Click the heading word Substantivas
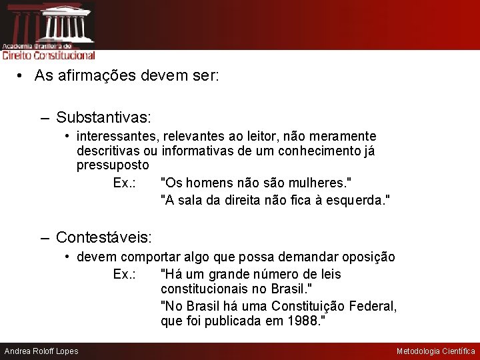tap(103, 118)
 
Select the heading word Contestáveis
tap(103, 237)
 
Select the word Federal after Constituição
tap(373, 306)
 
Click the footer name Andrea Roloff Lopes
tap(41, 351)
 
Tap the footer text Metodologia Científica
tap(436, 351)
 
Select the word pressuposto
tap(113, 165)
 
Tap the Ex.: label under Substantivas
tap(125, 183)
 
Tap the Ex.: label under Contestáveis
tap(125, 274)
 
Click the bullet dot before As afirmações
tap(22, 76)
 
